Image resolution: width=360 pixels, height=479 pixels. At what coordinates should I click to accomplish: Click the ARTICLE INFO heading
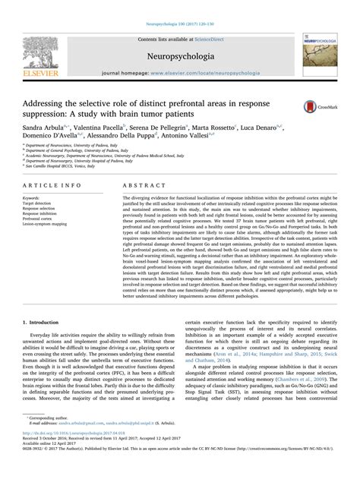[x=53, y=184]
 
